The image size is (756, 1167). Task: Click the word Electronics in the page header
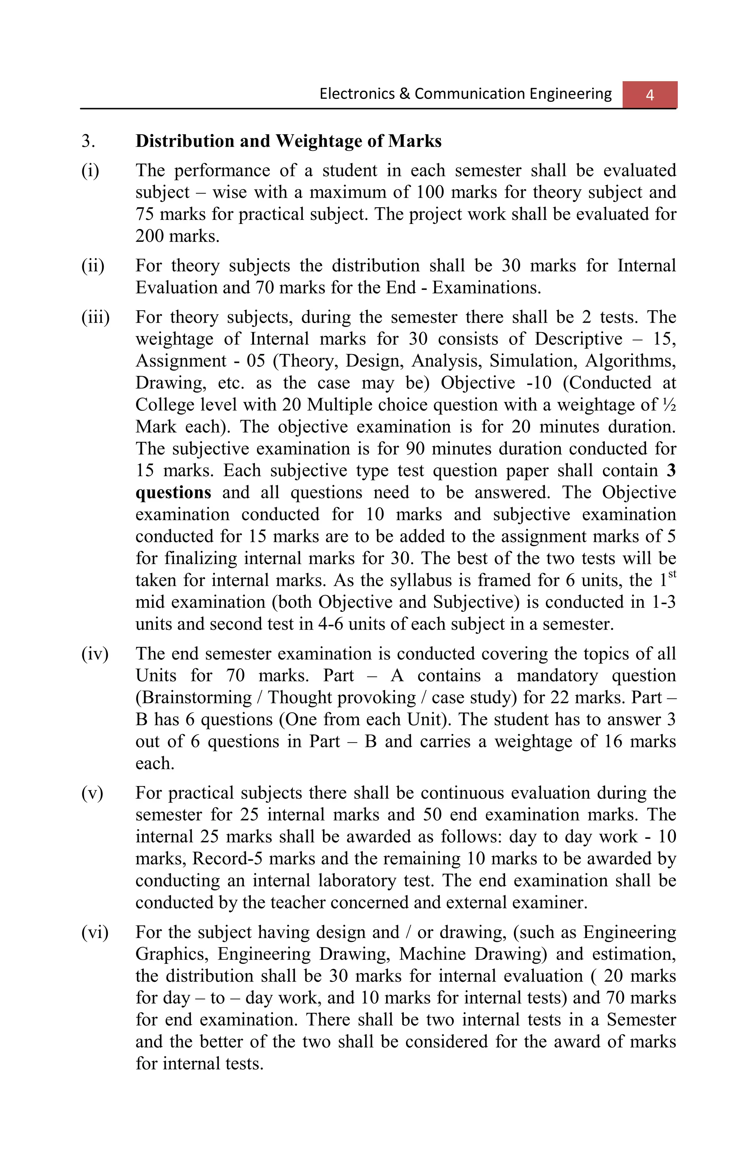point(357,93)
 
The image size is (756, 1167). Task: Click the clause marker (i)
point(90,171)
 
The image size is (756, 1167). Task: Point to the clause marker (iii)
point(96,317)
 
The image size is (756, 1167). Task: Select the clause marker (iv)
point(94,654)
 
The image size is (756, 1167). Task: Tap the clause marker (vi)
point(94,932)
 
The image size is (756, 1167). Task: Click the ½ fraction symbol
point(669,405)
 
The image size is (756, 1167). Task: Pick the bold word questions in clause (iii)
point(173,492)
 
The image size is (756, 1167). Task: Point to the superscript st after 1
point(672,574)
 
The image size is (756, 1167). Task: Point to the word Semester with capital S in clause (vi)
point(641,1019)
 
